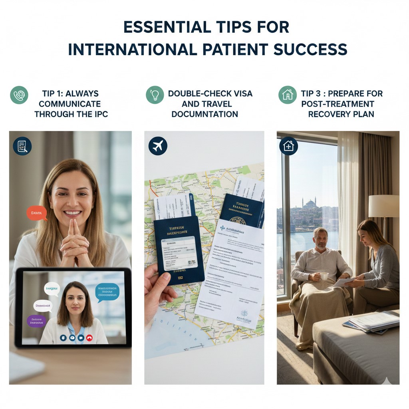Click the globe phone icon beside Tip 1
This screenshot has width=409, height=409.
coord(19,95)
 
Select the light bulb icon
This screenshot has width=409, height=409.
coord(155,95)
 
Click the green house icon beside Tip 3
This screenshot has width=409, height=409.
coord(287,95)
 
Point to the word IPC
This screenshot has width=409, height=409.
coord(99,114)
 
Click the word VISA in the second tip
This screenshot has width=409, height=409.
coord(239,94)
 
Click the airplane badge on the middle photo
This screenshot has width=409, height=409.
coord(158,146)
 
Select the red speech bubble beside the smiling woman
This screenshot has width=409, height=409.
coord(37,213)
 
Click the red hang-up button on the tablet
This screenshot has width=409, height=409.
coord(89,338)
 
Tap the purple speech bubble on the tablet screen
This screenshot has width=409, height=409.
coord(37,321)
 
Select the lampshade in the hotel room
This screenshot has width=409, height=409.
coord(383,206)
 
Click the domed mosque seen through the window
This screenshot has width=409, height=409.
coord(310,204)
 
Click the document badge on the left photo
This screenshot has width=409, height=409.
coord(22,146)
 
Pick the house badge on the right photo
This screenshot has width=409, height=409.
coord(288,146)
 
